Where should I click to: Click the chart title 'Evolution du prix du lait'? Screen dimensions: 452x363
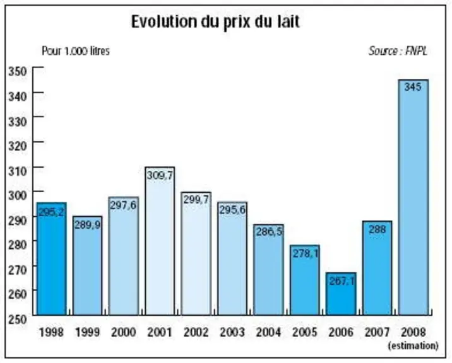coord(215,22)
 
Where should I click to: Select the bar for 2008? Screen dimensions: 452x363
coord(413,197)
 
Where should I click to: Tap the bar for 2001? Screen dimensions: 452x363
coord(160,241)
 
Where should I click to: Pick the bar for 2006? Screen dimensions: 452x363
coord(341,294)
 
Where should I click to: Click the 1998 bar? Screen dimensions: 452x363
coord(52,259)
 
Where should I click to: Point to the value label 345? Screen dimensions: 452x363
coord(413,87)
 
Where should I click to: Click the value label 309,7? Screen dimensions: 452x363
coord(160,175)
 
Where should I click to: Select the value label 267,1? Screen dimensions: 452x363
coord(342,281)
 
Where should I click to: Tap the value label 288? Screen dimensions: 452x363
coord(378,229)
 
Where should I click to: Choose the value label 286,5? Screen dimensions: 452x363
coord(269,231)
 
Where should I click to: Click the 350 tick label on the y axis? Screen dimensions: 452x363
coord(18,71)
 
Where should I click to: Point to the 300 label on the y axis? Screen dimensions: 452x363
coord(18,195)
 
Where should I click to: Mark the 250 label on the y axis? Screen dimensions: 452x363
coord(18,320)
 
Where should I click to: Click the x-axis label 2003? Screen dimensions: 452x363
coord(232,332)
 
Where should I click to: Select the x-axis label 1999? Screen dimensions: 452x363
coord(87,332)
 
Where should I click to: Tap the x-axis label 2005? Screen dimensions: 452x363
coord(305,332)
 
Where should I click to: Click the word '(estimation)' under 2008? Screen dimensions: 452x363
coord(413,345)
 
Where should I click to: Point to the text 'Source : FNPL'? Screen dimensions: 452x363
coord(398,51)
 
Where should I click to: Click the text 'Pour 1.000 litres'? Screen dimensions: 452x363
coord(76,51)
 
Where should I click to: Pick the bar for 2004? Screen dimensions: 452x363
coord(269,270)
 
